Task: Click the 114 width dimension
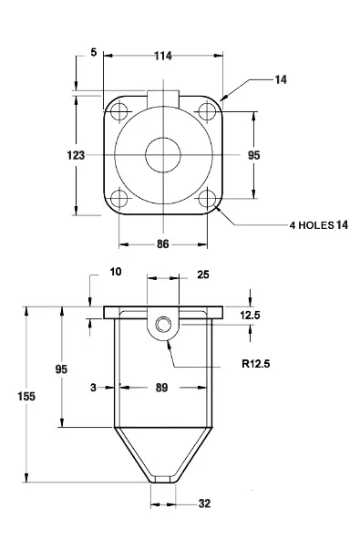coord(163,56)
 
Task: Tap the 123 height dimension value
coord(76,155)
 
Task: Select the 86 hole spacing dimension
coord(163,244)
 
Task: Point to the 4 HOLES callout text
coord(312,225)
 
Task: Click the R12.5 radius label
coord(256,364)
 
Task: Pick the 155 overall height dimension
coord(26,397)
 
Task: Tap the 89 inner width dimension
coord(161,388)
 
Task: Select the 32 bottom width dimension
coord(204,504)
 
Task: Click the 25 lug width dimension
coord(203,275)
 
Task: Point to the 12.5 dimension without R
coord(251,315)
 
